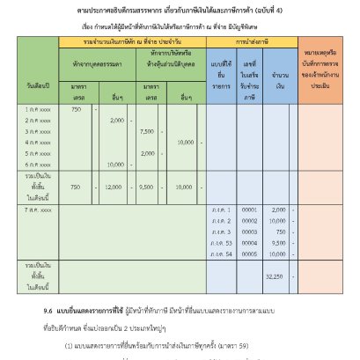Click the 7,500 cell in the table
147,130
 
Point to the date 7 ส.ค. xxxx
39,211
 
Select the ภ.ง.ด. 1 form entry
221,210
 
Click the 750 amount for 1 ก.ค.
76,109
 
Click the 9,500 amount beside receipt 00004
278,242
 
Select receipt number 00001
249,210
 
